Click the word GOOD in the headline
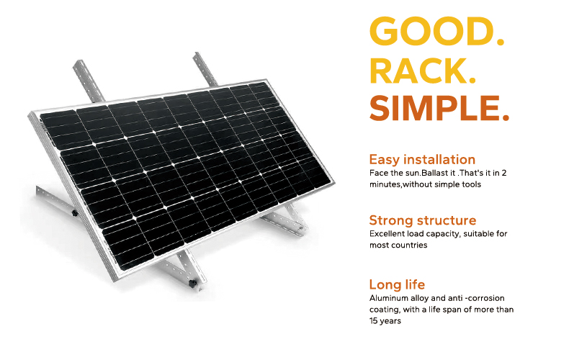click(431, 31)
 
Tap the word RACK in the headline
click(418, 71)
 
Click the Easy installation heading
click(422, 159)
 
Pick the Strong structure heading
click(422, 220)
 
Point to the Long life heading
click(397, 284)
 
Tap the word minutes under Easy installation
click(385, 184)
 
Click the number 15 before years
click(373, 321)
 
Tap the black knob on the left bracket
click(75, 213)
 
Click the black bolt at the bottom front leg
click(192, 283)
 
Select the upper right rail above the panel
click(205, 70)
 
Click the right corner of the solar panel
click(333, 181)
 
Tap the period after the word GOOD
click(501, 42)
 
